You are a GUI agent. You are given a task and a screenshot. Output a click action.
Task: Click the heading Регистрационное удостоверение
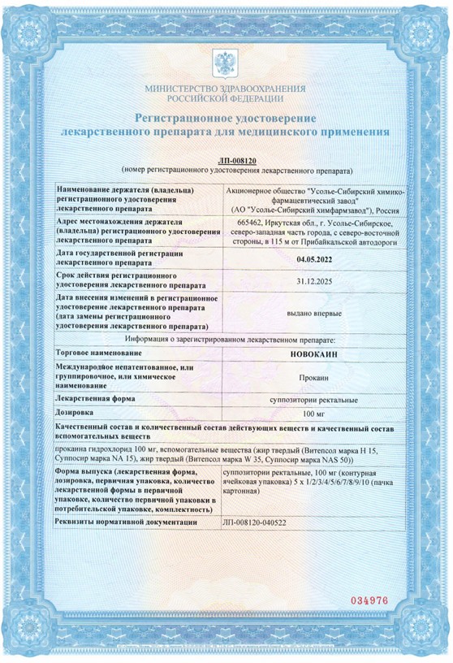226,119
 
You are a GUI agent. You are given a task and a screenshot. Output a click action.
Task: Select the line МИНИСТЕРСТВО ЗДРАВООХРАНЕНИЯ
226,87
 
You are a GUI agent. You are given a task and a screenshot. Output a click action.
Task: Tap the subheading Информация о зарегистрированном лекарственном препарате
226,338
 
